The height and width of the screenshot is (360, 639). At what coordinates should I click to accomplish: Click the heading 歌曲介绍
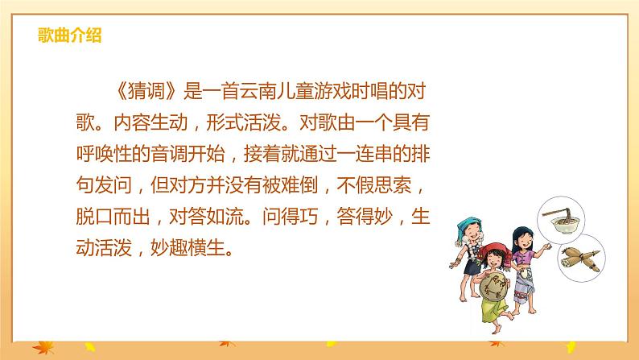point(69,35)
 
